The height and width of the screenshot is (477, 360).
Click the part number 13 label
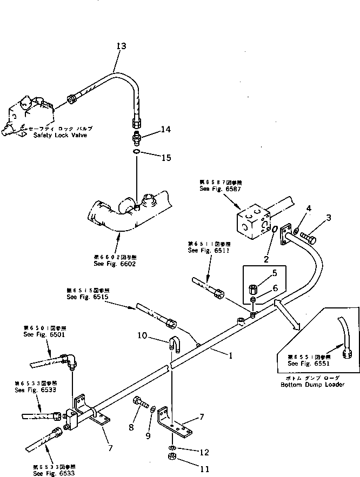(121, 46)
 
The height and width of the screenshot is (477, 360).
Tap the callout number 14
(165, 130)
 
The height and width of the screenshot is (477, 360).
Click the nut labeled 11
(171, 459)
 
